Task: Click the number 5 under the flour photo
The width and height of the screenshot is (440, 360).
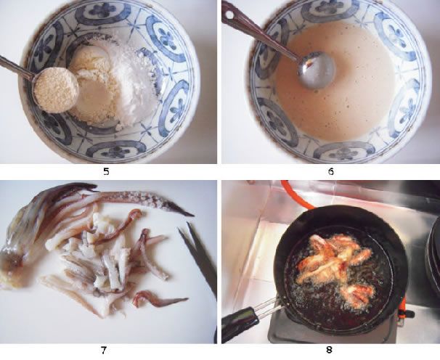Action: [106, 171]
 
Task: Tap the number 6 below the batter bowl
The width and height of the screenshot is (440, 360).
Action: [331, 171]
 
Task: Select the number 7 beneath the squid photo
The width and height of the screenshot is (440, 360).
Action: [104, 350]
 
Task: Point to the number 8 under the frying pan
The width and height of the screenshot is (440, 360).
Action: [329, 350]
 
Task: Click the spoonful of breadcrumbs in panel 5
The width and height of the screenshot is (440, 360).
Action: [56, 90]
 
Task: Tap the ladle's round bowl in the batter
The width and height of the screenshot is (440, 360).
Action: [317, 70]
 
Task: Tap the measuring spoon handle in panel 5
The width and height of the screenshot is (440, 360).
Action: [17, 67]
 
